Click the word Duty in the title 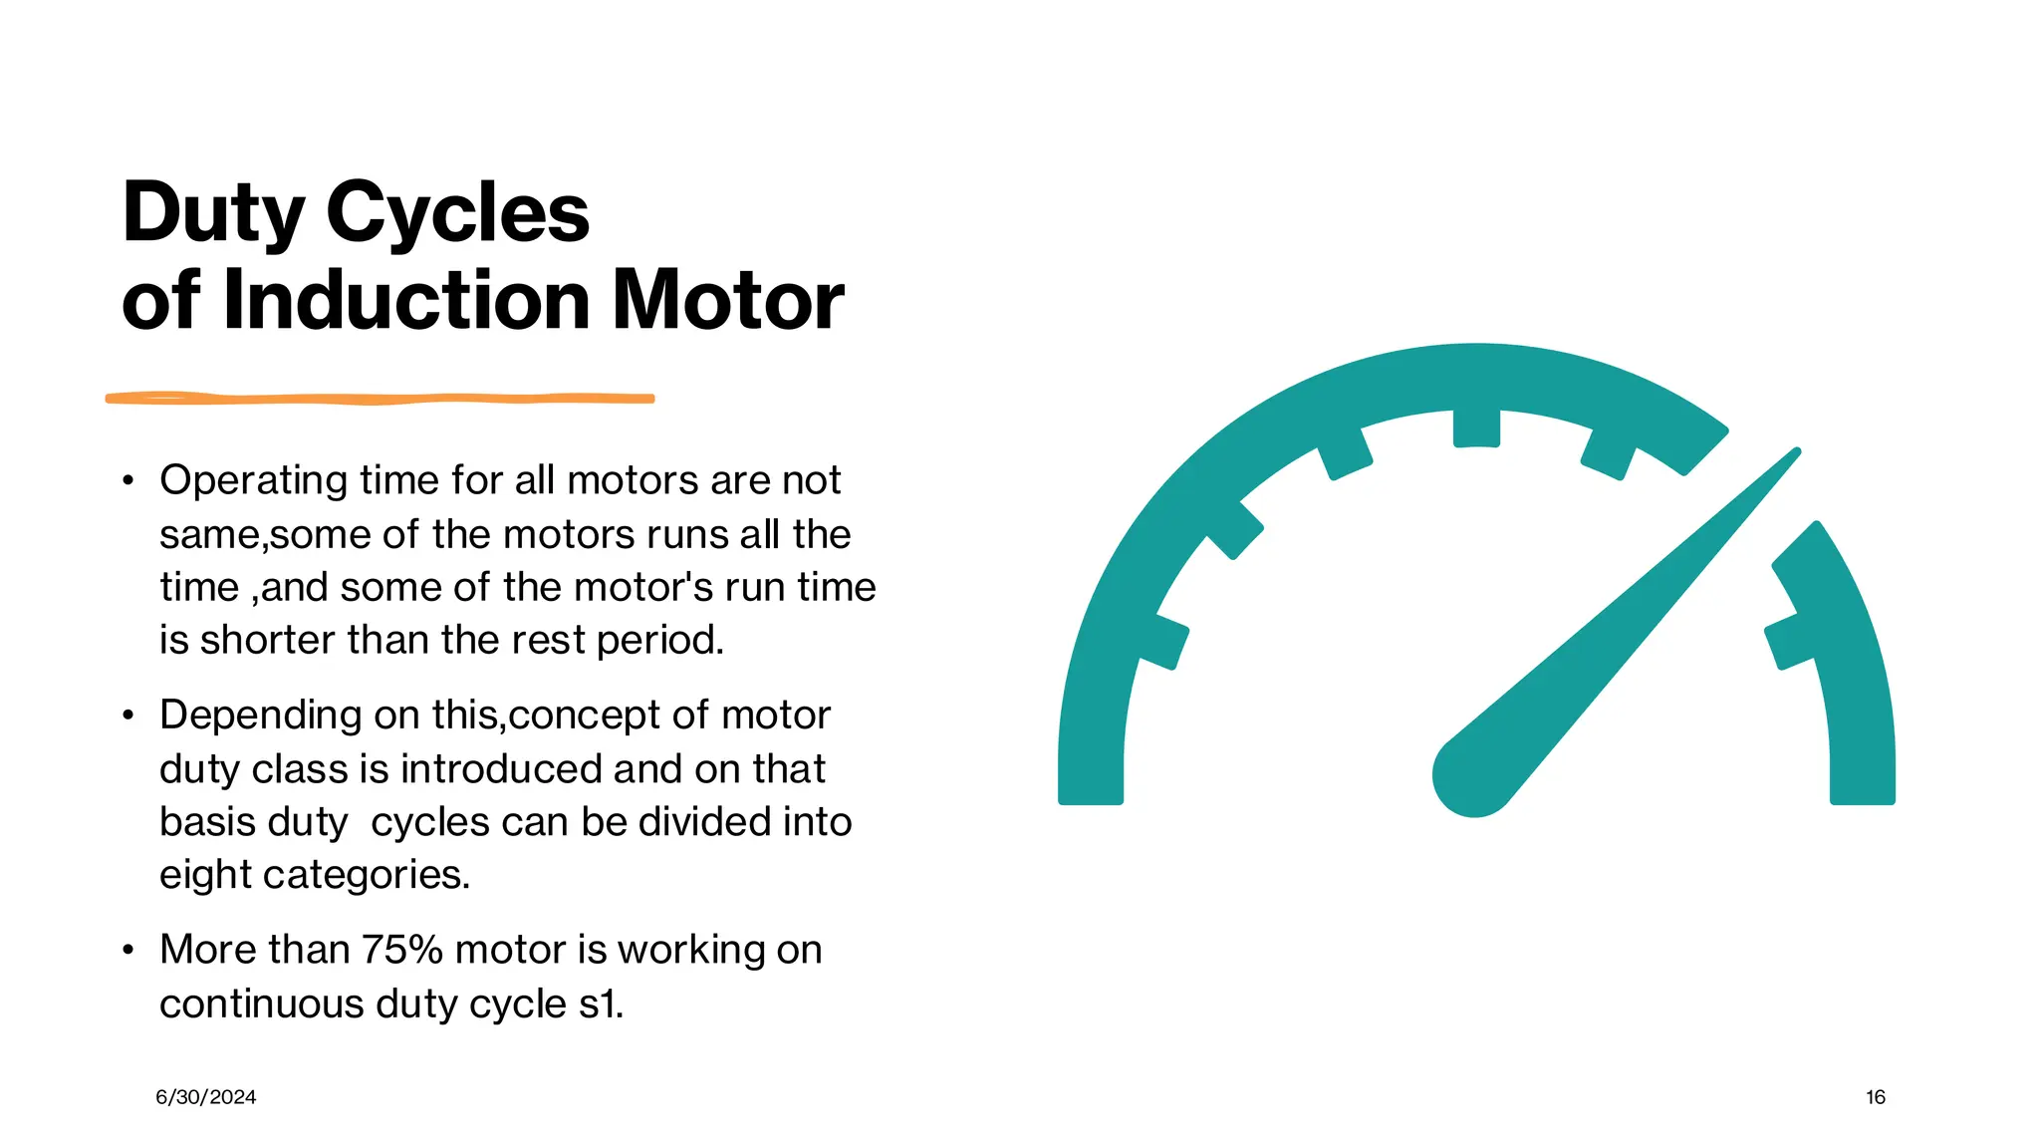[x=212, y=214]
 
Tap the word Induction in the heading [x=406, y=300]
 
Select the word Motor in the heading [x=727, y=300]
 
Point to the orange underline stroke [x=380, y=399]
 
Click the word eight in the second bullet [x=204, y=876]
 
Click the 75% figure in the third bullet [x=401, y=950]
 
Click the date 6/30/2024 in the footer [x=206, y=1097]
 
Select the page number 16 [x=1876, y=1097]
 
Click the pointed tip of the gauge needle [x=1795, y=452]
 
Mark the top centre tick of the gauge [x=1476, y=427]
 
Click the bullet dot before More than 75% [x=127, y=951]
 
